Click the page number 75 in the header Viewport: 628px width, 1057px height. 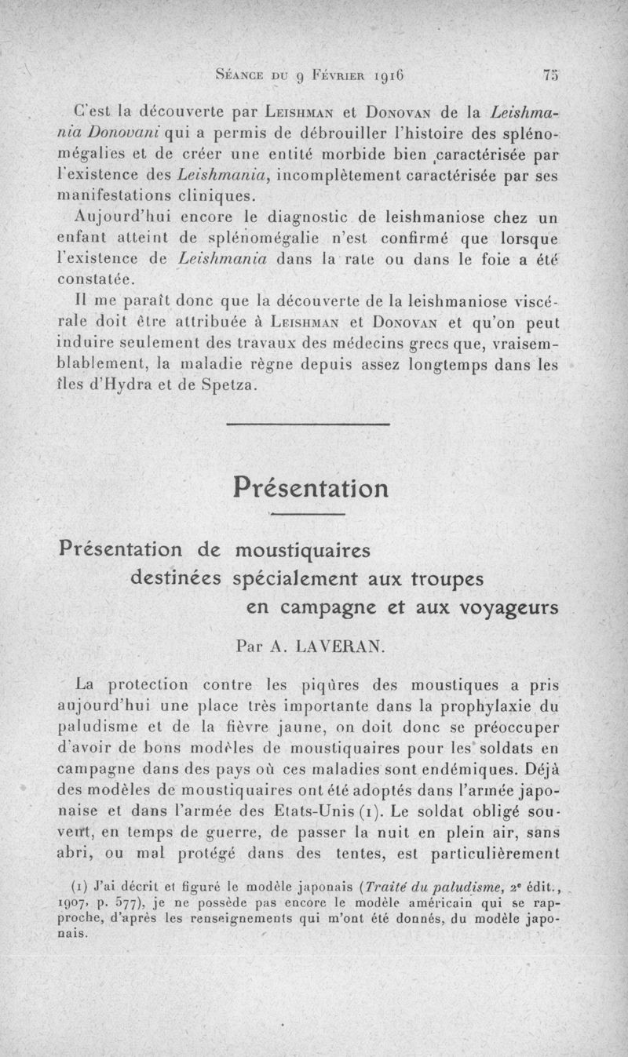549,75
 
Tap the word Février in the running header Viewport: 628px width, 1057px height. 341,76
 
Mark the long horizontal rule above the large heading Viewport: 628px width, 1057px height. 309,425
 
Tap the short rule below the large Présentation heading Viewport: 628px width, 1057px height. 309,514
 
